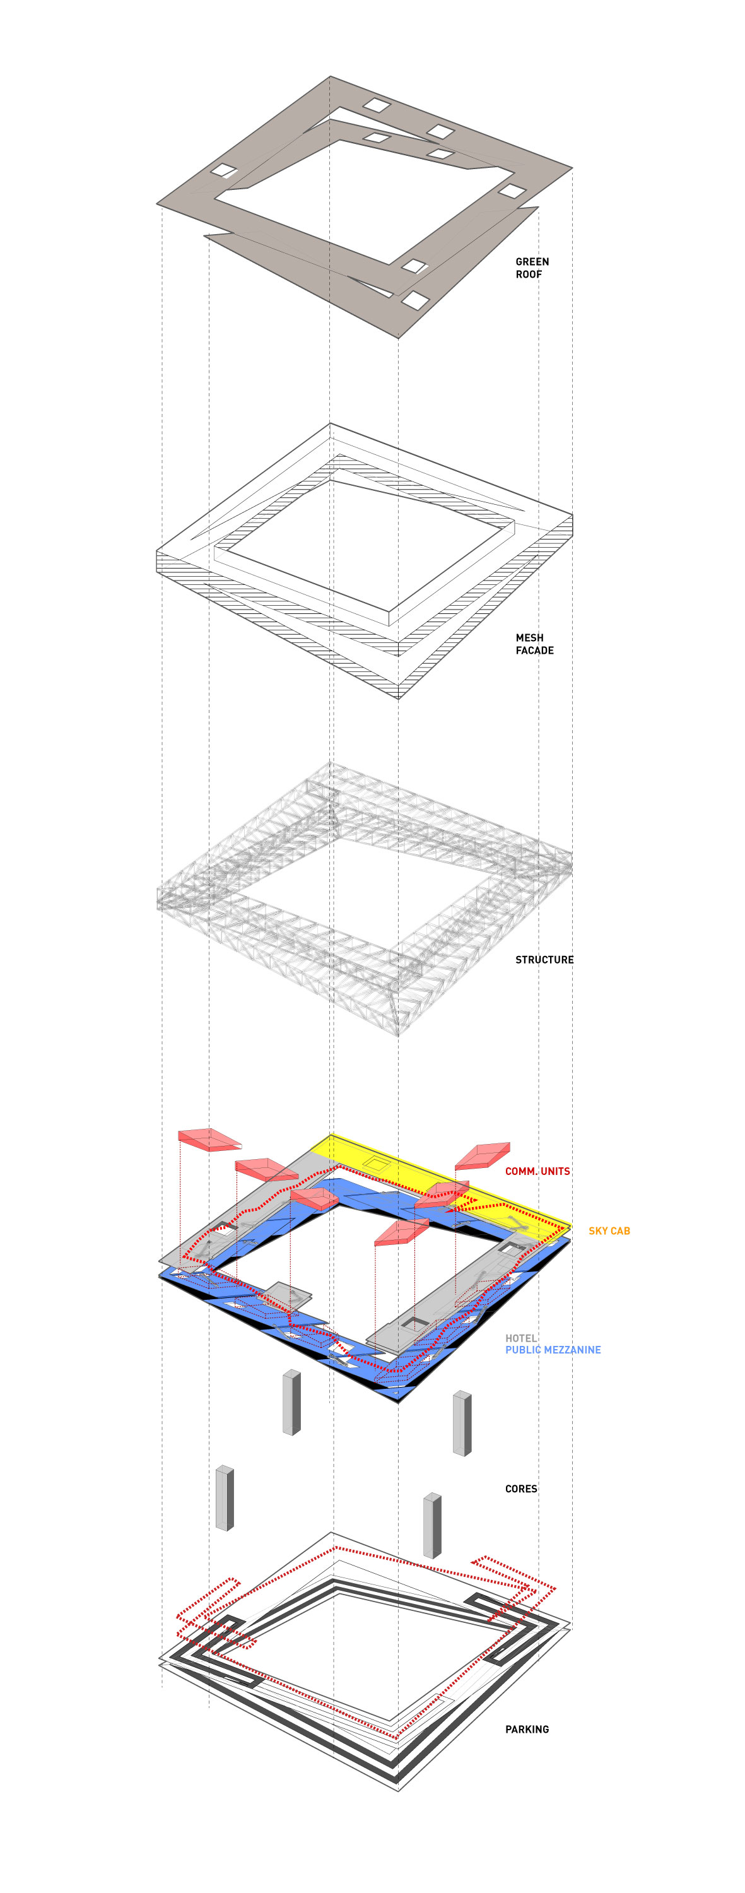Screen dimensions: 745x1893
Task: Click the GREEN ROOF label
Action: pyautogui.click(x=531, y=268)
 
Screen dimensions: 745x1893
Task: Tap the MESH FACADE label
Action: pyautogui.click(x=534, y=644)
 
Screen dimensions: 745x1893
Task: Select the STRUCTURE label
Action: pyautogui.click(x=544, y=960)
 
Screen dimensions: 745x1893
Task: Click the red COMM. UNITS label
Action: pyautogui.click(x=537, y=1171)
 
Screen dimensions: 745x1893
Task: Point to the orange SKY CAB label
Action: pyautogui.click(x=609, y=1231)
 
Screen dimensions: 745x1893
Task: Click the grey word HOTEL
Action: pyautogui.click(x=521, y=1338)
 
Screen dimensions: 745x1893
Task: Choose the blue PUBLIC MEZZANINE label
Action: pyautogui.click(x=553, y=1350)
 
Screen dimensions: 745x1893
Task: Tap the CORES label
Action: pyautogui.click(x=521, y=1489)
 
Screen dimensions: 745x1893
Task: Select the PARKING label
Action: pyautogui.click(x=527, y=1729)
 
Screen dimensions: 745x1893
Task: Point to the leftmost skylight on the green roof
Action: pyautogui.click(x=224, y=171)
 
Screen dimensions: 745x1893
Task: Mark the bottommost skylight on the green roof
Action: pyautogui.click(x=414, y=300)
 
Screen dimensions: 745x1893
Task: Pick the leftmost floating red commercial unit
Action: pyautogui.click(x=209, y=1140)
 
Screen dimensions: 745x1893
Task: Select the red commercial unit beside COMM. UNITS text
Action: pyautogui.click(x=483, y=1155)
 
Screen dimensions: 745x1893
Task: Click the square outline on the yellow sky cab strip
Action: pyautogui.click(x=377, y=1164)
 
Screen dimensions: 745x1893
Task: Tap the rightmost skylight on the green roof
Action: pyautogui.click(x=512, y=191)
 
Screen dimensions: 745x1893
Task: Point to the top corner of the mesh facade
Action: pyautogui.click(x=330, y=423)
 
